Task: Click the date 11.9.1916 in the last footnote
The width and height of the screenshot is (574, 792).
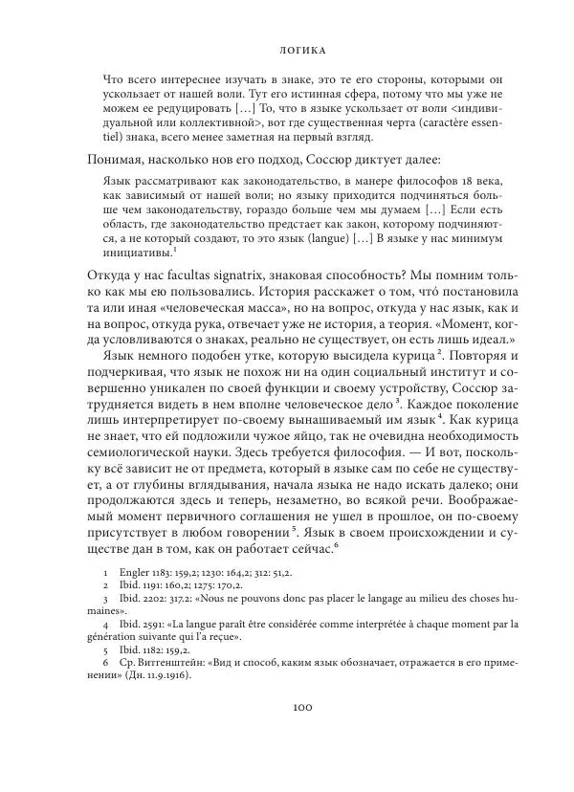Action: [x=166, y=674]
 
